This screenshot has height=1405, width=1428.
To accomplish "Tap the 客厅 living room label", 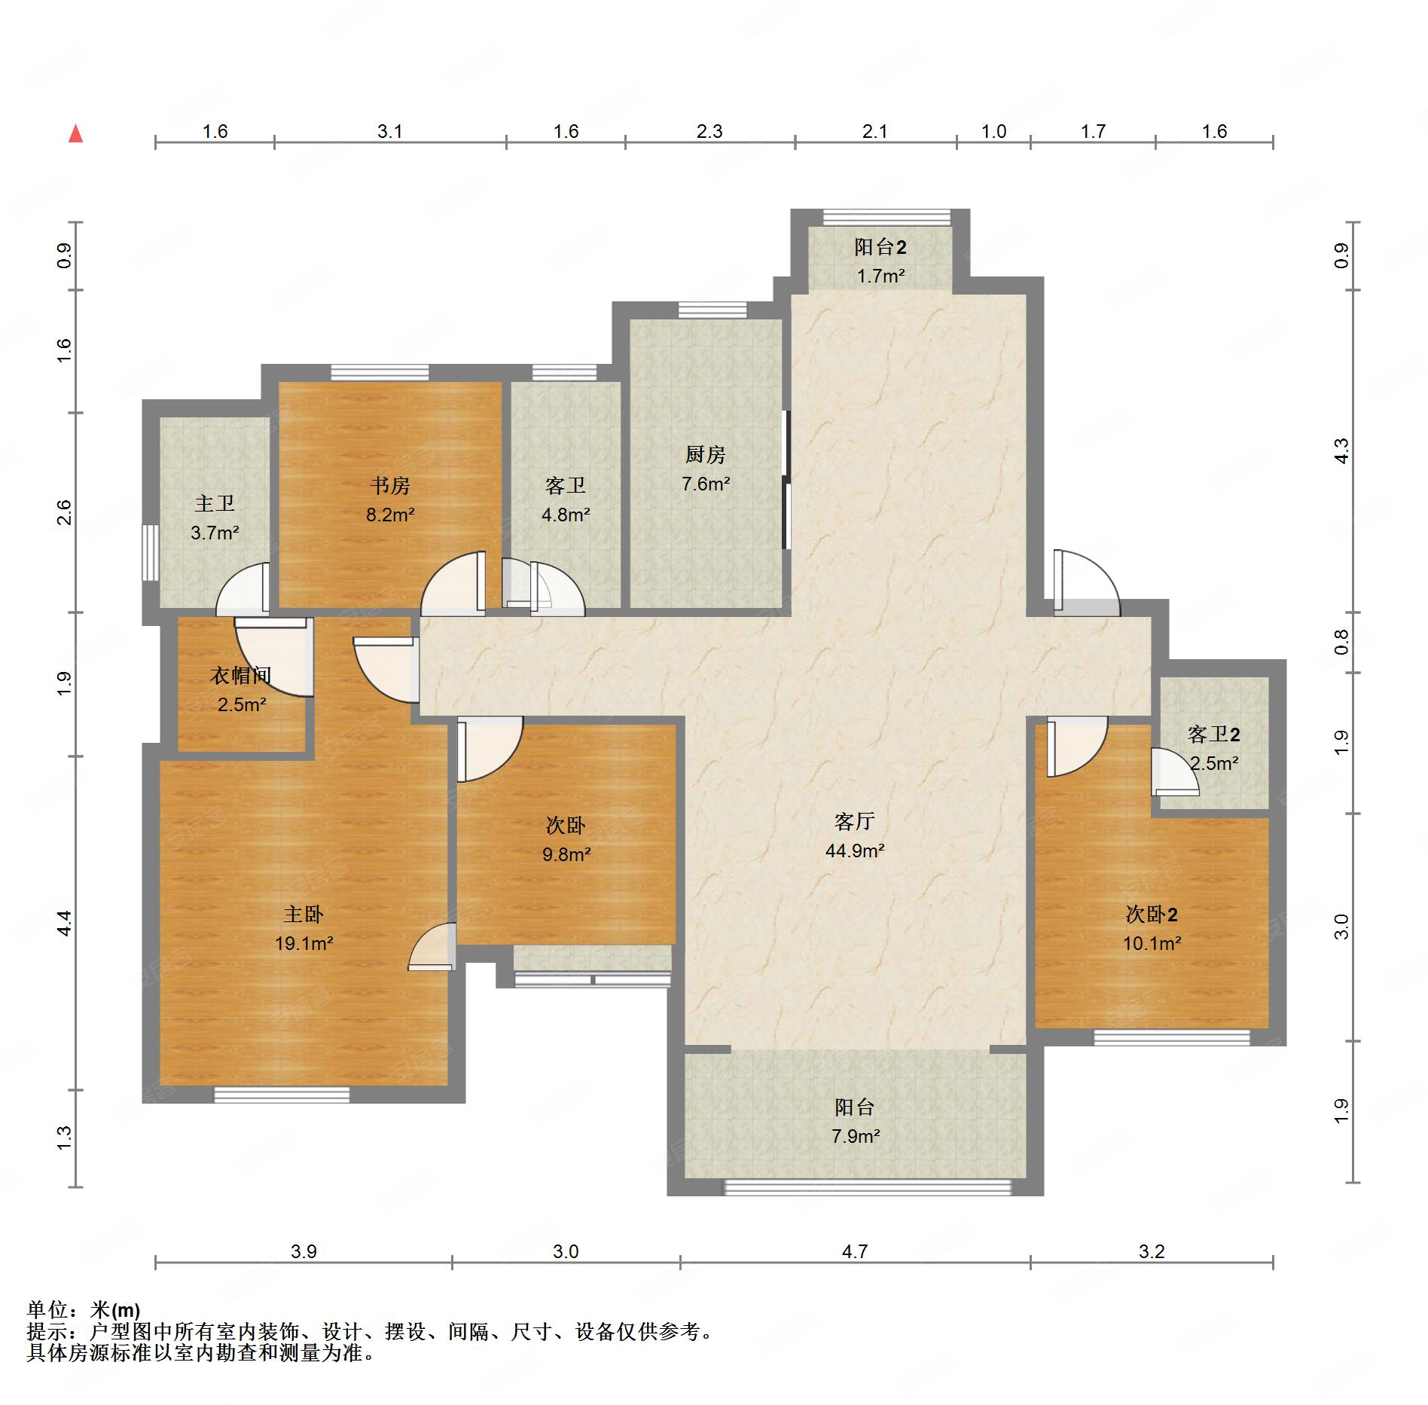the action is pyautogui.click(x=854, y=821).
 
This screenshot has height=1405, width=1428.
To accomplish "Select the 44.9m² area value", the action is pyautogui.click(x=854, y=851).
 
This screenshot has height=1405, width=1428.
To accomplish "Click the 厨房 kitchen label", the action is pyautogui.click(x=705, y=454).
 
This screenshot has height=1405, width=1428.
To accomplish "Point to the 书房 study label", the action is pyautogui.click(x=390, y=485).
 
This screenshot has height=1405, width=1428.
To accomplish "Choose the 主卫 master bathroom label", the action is pyautogui.click(x=215, y=503).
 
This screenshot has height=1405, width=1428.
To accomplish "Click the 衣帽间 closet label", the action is pyautogui.click(x=240, y=675).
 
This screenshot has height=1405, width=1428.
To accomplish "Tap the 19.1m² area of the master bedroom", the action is pyautogui.click(x=304, y=943).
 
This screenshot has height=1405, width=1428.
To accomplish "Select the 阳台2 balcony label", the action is pyautogui.click(x=880, y=246).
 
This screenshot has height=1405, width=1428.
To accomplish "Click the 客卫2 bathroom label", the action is pyautogui.click(x=1213, y=734).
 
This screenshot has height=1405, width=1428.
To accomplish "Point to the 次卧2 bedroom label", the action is pyautogui.click(x=1152, y=914).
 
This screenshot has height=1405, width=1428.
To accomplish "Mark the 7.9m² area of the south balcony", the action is pyautogui.click(x=856, y=1136).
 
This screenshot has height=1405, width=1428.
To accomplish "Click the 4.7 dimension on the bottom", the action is pyautogui.click(x=855, y=1251).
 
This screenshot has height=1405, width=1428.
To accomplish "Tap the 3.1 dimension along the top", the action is pyautogui.click(x=389, y=132).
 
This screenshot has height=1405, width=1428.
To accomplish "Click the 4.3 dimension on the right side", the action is pyautogui.click(x=1341, y=451).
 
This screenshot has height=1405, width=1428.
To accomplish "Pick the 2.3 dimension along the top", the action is pyautogui.click(x=709, y=132).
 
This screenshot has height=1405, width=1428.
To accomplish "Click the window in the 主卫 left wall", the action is pyautogui.click(x=151, y=552).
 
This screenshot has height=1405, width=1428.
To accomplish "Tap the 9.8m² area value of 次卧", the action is pyautogui.click(x=566, y=854).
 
